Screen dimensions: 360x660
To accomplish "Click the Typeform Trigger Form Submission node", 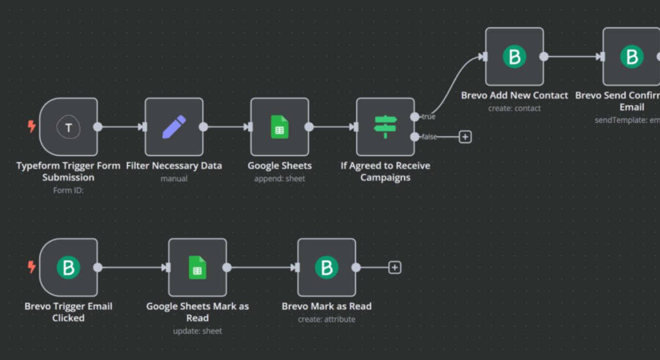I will click(x=69, y=127).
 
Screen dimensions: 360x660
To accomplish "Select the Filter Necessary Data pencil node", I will click(x=174, y=127).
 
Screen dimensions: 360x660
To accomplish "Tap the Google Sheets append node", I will click(x=279, y=127).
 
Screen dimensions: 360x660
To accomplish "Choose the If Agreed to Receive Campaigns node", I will click(x=385, y=127).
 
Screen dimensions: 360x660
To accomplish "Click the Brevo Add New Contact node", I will click(x=514, y=57).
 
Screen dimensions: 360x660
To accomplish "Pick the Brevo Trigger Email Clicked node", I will click(x=69, y=267).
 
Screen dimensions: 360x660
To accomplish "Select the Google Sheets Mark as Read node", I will click(x=197, y=267).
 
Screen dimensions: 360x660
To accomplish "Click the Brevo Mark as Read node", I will click(x=326, y=267).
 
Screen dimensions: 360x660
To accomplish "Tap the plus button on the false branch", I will click(x=465, y=137).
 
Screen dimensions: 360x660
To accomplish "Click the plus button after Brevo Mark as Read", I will click(x=394, y=268).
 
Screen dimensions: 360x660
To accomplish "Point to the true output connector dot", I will click(x=415, y=117).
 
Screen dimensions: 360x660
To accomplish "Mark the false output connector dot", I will click(x=415, y=137).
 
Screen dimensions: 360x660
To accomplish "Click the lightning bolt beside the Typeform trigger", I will click(x=32, y=126).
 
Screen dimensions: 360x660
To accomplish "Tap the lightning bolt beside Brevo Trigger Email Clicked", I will click(x=32, y=267).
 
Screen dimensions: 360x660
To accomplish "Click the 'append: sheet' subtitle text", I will click(x=279, y=178).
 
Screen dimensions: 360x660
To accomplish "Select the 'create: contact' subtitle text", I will click(x=514, y=108).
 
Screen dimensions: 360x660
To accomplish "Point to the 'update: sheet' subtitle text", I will click(x=197, y=331).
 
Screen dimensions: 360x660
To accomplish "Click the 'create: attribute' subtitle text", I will click(x=326, y=319).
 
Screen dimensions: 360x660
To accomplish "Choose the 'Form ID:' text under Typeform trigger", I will click(x=68, y=190).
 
